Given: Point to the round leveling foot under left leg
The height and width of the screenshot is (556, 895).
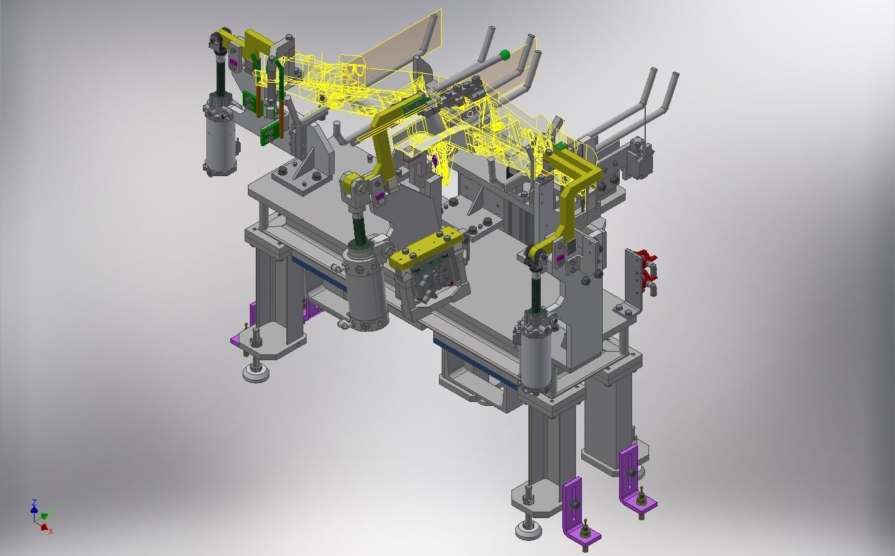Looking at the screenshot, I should (x=256, y=372).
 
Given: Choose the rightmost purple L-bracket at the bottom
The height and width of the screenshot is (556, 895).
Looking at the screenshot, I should (x=633, y=480).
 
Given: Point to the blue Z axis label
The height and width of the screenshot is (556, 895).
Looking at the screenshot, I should (x=34, y=502).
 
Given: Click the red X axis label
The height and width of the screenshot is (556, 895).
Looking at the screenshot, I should (x=50, y=531).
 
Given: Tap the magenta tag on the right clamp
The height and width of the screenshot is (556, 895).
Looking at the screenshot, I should (x=559, y=258).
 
